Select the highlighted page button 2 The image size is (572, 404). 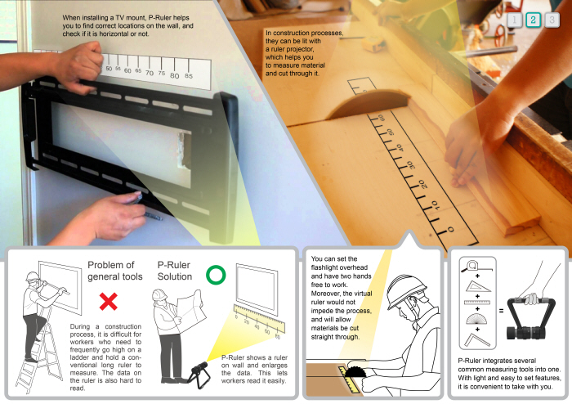pos(533,20)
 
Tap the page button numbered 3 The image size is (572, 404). pos(552,20)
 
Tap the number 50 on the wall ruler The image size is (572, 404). pos(109,69)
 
